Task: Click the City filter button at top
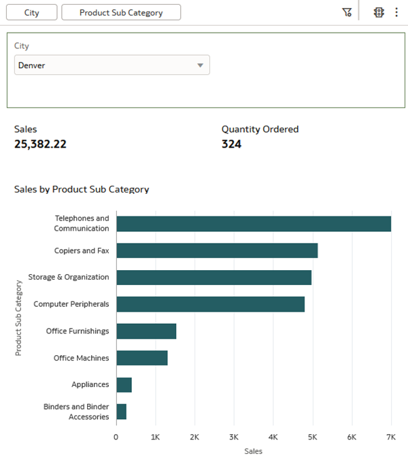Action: click(31, 12)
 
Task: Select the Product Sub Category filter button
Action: click(121, 12)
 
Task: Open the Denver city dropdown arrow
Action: click(200, 65)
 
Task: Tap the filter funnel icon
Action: click(347, 12)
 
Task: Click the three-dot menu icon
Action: click(396, 12)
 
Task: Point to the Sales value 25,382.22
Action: click(40, 144)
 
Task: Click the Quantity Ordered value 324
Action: click(231, 144)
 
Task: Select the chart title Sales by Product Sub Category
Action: click(82, 189)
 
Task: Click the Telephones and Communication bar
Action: click(253, 224)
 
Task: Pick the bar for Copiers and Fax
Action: click(216, 250)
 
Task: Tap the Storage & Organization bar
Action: click(214, 278)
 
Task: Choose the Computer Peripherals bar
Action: click(210, 304)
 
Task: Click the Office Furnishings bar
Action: click(146, 331)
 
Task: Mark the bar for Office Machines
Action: click(141, 358)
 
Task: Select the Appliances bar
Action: click(124, 385)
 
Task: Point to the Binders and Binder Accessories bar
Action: click(121, 412)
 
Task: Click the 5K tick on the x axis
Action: click(312, 436)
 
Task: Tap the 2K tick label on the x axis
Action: click(194, 436)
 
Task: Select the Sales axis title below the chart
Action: click(253, 451)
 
